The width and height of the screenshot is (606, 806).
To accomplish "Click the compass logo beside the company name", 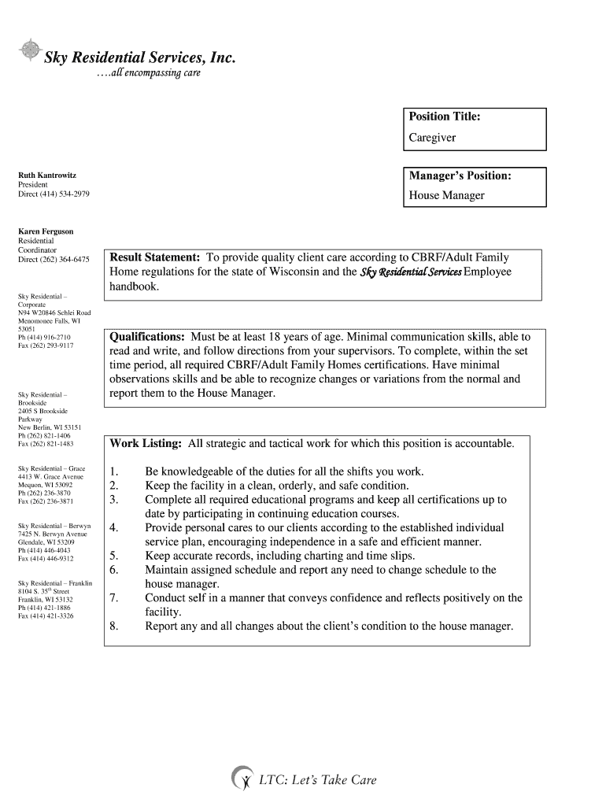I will pos(30,50).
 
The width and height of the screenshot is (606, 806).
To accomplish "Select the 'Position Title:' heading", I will pos(444,116).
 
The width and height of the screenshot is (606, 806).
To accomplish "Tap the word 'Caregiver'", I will pos(432,137).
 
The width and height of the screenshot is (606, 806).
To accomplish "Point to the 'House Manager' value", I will pos(446,195).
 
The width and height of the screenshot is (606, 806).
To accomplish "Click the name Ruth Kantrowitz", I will pos(47,175).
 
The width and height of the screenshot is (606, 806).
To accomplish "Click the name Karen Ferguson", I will pos(46,231).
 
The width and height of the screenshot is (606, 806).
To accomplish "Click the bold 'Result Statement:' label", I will pos(154,257).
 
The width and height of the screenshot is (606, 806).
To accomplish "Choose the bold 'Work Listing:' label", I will pos(146,443).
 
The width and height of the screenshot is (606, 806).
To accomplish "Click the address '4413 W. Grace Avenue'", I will pos(50,476).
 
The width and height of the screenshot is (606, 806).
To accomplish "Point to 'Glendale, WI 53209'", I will pos(46,542).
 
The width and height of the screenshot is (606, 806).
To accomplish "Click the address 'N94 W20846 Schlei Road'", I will pos(54,312).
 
